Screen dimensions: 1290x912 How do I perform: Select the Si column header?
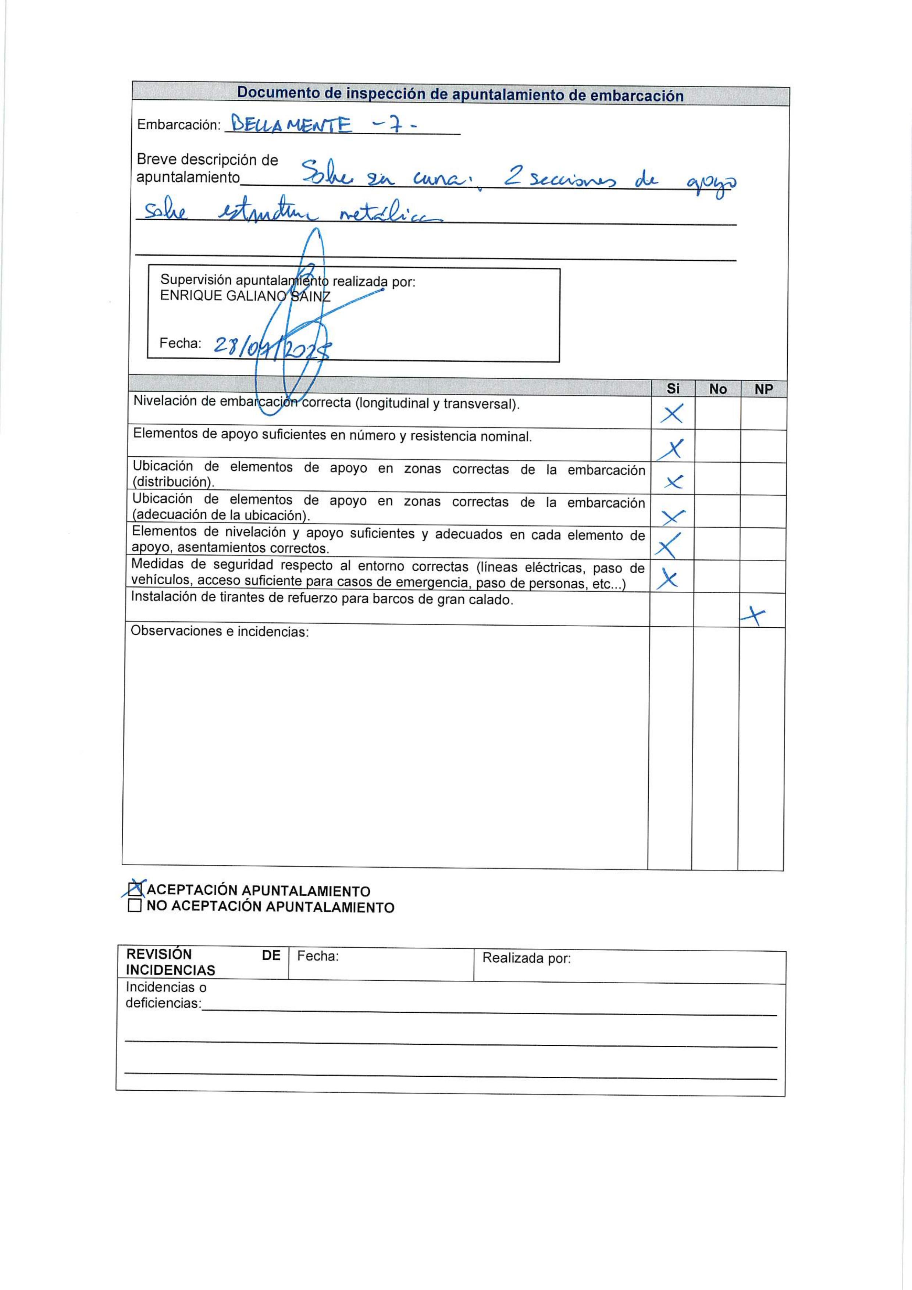(673, 388)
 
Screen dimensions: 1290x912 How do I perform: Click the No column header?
(717, 389)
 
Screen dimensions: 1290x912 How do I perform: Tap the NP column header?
(763, 389)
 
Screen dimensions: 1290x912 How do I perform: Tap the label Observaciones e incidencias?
(220, 631)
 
